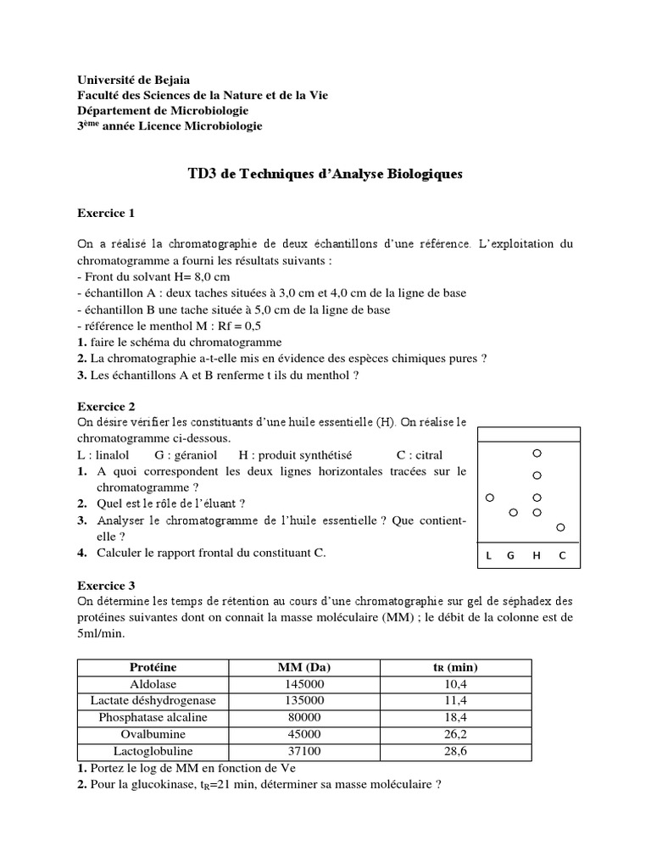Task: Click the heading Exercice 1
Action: click(106, 213)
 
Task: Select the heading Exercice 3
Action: click(106, 585)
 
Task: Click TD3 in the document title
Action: click(203, 174)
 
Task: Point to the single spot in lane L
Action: click(489, 498)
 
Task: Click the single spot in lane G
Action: click(513, 513)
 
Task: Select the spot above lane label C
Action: click(560, 528)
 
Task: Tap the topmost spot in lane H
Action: click(537, 453)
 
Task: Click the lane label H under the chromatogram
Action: click(537, 556)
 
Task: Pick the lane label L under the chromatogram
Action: click(489, 556)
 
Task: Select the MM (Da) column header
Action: click(304, 667)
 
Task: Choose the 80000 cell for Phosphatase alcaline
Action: click(304, 717)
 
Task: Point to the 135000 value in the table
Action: click(304, 700)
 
